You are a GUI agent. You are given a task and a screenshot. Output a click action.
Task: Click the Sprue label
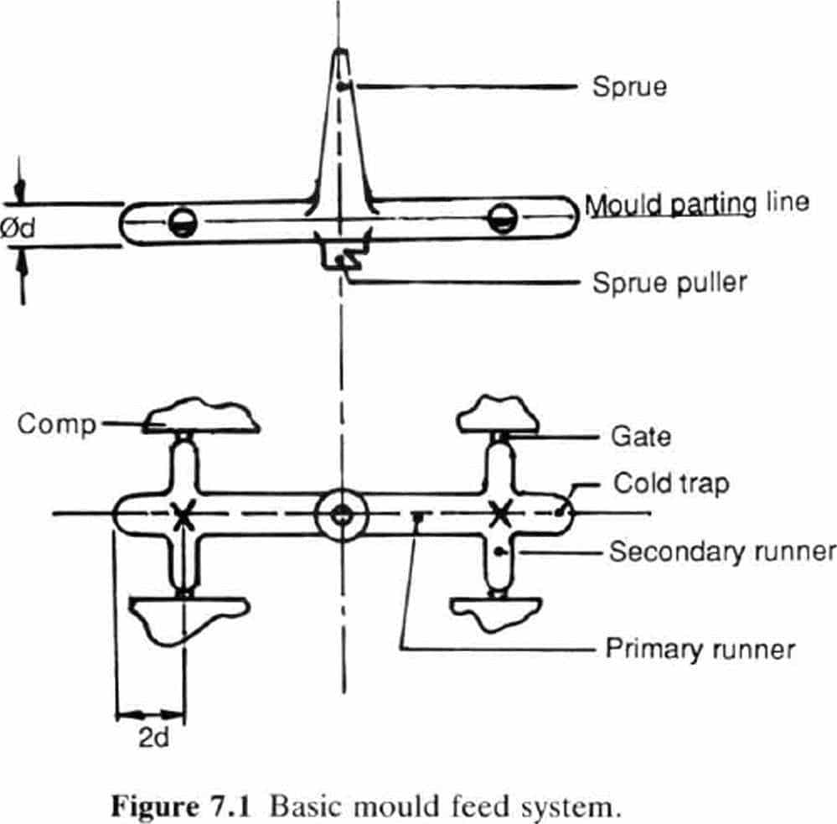(629, 86)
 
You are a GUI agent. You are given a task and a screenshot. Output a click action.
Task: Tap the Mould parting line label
(696, 204)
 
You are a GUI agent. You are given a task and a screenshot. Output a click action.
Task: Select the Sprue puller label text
(669, 282)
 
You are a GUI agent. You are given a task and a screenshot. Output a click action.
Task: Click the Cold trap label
(670, 484)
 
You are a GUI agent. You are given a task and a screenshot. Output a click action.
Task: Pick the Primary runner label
(700, 649)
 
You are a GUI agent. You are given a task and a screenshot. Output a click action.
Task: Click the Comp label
(57, 425)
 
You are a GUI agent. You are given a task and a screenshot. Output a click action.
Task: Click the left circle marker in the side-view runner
(181, 221)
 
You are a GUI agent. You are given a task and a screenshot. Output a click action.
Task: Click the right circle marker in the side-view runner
(501, 219)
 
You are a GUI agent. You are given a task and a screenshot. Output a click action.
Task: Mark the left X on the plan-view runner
(183, 514)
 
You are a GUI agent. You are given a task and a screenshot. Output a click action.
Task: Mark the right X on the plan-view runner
(500, 510)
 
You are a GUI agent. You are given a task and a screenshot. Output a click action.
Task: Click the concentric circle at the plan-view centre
(340, 514)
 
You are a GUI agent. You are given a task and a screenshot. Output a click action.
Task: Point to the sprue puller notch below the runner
(339, 255)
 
